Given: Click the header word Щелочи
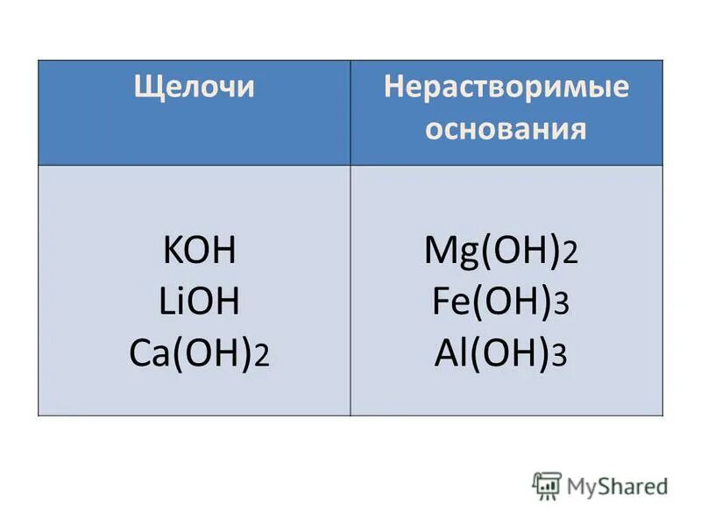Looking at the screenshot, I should (x=194, y=89).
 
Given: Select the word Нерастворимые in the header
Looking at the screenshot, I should (x=506, y=89).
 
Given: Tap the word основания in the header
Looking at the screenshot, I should (x=506, y=130).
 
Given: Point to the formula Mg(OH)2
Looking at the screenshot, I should (x=500, y=253).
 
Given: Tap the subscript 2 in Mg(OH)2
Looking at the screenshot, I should (x=570, y=257).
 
